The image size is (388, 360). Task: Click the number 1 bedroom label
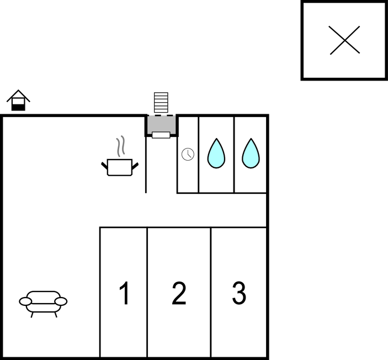[x=125, y=293]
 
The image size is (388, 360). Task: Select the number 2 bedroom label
[x=179, y=293]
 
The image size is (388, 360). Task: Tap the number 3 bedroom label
[x=239, y=293]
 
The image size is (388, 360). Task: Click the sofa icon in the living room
[x=43, y=304]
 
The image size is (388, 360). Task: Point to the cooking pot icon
[x=120, y=167]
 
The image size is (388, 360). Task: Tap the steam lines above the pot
[x=120, y=146]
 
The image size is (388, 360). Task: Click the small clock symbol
[x=188, y=154]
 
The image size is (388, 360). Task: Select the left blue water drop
[x=216, y=153]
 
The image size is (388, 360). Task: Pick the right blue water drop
[x=251, y=153]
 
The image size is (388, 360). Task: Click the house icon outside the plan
[x=18, y=100]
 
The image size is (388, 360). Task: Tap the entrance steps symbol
[x=161, y=103]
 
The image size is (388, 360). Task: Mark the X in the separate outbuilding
[x=344, y=40]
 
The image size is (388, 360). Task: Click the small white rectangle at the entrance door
[x=161, y=135]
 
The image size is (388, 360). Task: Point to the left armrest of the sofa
[x=25, y=301]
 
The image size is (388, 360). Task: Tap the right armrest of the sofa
[x=61, y=301]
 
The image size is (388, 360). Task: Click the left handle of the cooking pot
[x=104, y=165]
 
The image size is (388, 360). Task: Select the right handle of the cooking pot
[x=135, y=166]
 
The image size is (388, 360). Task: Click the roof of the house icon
[x=18, y=96]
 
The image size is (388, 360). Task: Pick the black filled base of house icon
[x=18, y=108]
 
